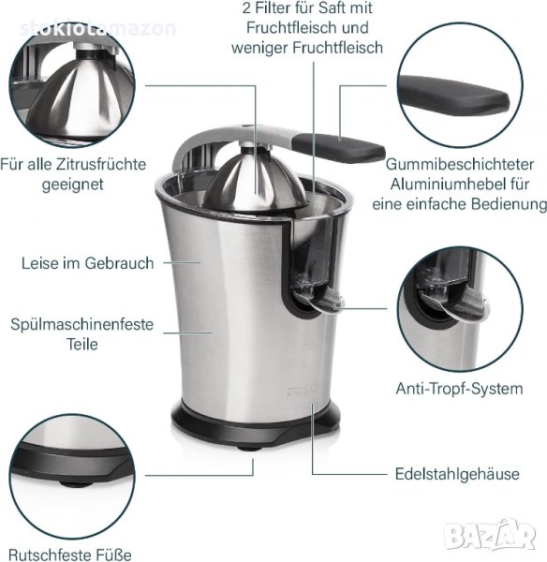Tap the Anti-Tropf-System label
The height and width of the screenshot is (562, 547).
point(459,389)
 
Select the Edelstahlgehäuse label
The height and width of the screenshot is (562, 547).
point(457,474)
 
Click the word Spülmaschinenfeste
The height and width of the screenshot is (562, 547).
point(82,324)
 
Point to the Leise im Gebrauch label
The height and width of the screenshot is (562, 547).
point(88,263)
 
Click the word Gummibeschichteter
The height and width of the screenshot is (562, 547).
point(460,165)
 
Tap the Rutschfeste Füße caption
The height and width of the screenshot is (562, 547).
point(70,555)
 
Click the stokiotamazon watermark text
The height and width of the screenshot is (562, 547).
point(97,29)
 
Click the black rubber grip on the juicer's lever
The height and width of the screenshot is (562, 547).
point(338,147)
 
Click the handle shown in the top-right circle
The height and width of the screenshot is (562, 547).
point(453,95)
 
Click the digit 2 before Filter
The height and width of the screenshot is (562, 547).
point(246,7)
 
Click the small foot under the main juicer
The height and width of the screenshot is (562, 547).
point(248,448)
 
